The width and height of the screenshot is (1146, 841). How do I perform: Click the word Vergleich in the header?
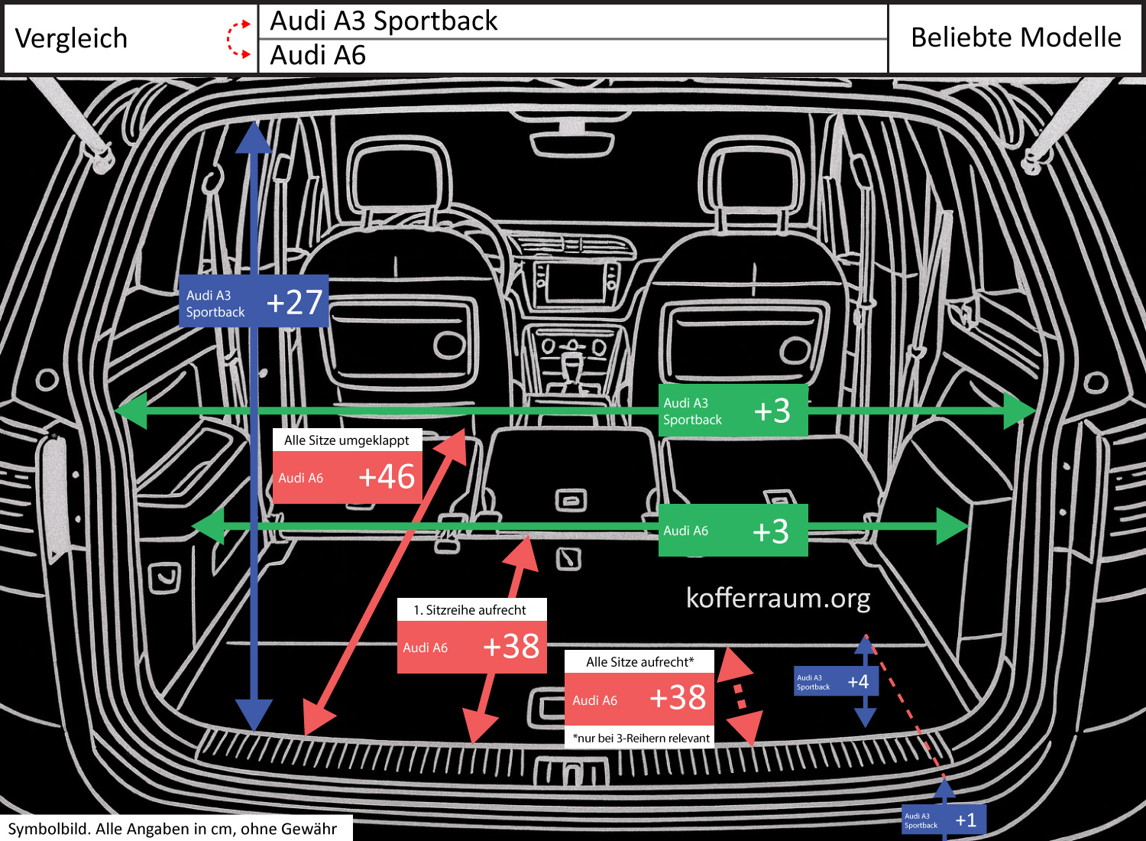[x=71, y=38]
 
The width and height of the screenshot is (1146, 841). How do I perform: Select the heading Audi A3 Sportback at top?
[x=384, y=21]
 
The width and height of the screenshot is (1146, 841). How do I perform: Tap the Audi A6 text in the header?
[x=318, y=56]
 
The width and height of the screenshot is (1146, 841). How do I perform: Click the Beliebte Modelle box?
[x=1015, y=37]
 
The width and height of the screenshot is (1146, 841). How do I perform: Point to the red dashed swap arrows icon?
[x=239, y=39]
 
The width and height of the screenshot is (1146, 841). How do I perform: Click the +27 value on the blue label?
[x=294, y=303]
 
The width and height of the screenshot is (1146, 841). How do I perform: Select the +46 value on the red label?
[x=387, y=477]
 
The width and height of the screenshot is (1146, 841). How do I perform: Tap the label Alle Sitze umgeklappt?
[x=346, y=440]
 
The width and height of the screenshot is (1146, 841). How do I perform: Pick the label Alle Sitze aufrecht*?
[x=639, y=662]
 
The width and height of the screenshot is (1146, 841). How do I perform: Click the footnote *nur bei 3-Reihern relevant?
[x=641, y=738]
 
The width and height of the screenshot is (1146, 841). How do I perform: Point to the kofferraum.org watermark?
[x=778, y=598]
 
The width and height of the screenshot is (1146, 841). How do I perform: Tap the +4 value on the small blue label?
[x=858, y=682]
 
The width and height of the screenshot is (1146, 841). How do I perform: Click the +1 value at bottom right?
[x=966, y=820]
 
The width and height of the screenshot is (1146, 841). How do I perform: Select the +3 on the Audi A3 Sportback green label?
[x=772, y=411]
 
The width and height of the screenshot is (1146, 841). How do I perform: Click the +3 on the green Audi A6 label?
[x=770, y=531]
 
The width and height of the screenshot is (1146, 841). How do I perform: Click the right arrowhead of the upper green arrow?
[x=1019, y=411]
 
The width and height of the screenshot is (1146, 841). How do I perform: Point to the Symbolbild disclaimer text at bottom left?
[x=173, y=829]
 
